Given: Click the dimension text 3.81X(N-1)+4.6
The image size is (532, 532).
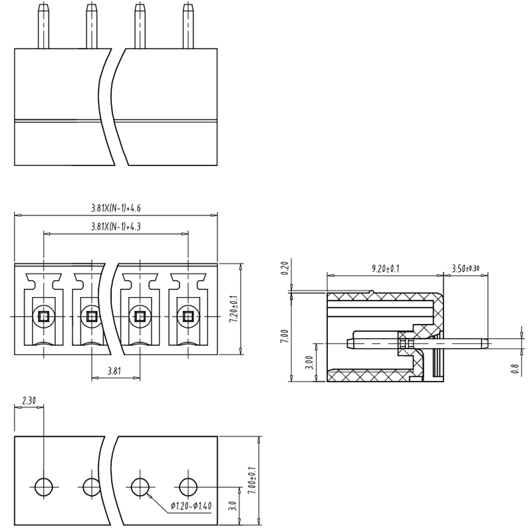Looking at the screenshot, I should point(116,208).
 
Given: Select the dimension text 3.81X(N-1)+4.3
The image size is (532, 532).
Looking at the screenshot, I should point(116,227).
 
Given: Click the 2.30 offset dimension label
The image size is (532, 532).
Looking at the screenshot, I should point(29,401).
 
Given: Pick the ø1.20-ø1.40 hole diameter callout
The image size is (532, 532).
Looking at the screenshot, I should point(191,507).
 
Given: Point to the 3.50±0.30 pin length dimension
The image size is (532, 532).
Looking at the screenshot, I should point(465,269).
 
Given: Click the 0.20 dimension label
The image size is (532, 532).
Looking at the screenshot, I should point(285,269).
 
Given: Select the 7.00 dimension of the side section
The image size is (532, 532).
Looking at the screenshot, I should point(285,336).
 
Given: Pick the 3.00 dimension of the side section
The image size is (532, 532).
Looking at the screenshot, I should point(308,362).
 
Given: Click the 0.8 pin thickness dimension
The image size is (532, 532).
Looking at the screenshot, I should point(514,368).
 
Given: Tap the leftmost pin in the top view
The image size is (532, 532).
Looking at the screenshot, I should point(44,25).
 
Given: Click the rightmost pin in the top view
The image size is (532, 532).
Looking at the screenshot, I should point(188,25).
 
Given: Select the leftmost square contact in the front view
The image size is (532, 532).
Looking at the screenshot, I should point(44,316).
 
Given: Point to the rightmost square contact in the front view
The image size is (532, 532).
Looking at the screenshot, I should point(188,316).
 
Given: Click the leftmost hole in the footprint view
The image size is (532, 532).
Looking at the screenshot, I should point(44,487).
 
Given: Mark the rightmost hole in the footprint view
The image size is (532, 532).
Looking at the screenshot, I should point(188,487).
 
